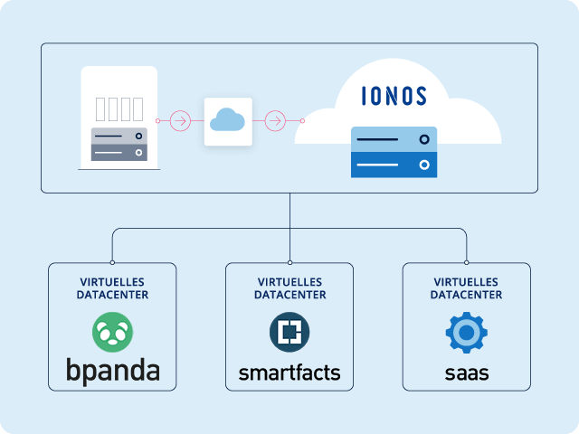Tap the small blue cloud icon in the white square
228,120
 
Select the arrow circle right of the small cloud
275,120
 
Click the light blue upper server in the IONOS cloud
394,139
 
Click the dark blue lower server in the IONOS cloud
394,165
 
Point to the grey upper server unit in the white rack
119,137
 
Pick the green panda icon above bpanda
112,332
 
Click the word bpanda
112,371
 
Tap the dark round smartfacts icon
289,332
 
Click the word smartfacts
289,373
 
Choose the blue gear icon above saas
467,333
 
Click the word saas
467,373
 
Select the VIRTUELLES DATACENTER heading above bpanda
112,288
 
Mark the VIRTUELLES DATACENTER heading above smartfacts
289,288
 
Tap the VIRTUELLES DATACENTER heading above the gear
467,288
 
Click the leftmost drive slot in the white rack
100,108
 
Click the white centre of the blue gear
467,333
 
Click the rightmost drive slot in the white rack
138,108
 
